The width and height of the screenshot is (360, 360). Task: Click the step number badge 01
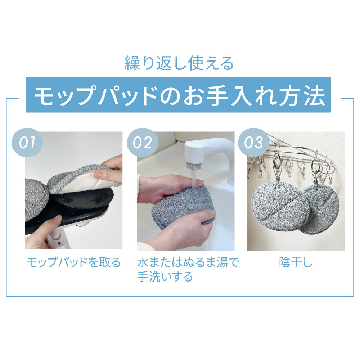coord(27,142)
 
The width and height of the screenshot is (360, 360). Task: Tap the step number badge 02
coord(142,142)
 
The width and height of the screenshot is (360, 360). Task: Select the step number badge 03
coord(253,142)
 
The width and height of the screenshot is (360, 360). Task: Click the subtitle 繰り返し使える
coord(179,63)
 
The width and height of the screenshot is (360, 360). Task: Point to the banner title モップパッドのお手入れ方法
coord(179,95)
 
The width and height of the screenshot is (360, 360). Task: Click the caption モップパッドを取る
coord(74,262)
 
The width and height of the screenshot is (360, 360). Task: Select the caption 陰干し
coord(296,262)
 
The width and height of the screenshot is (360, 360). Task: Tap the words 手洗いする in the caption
coord(165,276)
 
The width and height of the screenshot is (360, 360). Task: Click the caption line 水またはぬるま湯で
coord(188,262)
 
